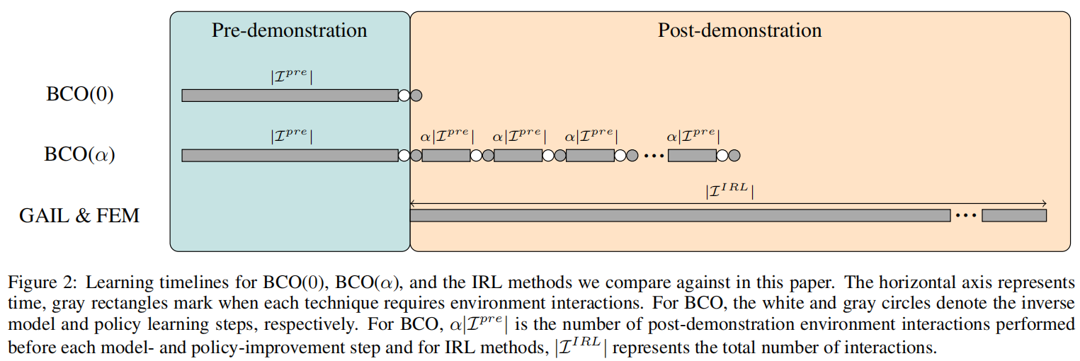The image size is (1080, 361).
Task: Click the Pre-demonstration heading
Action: [289, 30]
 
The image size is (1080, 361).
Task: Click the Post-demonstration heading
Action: [739, 30]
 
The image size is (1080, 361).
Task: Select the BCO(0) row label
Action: [79, 94]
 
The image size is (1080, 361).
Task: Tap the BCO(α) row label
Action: [79, 154]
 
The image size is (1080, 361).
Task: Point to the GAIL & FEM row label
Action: [79, 215]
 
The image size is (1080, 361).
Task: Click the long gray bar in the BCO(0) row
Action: [290, 96]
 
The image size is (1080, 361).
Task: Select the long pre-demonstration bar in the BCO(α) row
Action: [290, 155]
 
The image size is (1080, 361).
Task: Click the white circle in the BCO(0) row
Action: [404, 96]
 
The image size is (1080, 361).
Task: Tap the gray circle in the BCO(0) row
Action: [416, 96]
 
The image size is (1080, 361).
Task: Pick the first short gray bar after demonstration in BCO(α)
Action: [446, 155]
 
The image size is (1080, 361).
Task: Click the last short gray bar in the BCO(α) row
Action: [692, 155]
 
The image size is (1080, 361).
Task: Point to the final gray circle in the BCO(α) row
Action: [734, 155]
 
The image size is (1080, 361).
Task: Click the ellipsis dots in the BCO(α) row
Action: [654, 156]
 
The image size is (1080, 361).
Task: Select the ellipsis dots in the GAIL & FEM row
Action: [966, 216]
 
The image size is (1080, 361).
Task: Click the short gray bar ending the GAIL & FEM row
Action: [1014, 215]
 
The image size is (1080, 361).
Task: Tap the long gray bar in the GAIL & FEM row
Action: [681, 215]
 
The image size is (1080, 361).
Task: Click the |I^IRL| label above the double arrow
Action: [729, 190]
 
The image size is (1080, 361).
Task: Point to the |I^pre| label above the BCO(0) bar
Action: [291, 76]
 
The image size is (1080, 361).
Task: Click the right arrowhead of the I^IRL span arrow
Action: [1045, 203]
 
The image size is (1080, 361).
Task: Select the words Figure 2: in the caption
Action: [42, 282]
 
